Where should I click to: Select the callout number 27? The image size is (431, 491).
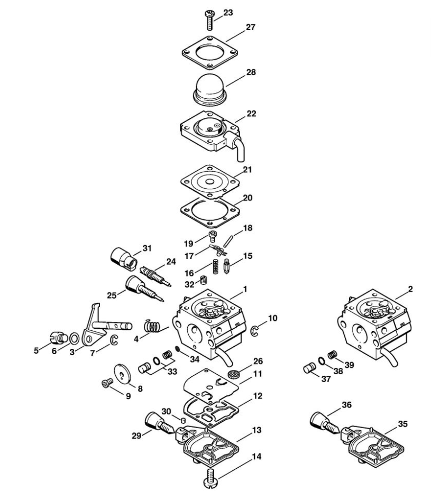pyautogui.click(x=250, y=27)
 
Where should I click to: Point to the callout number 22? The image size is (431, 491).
pyautogui.click(x=251, y=113)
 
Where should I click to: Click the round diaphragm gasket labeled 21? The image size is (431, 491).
pyautogui.click(x=210, y=182)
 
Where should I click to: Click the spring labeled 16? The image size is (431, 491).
pyautogui.click(x=216, y=266)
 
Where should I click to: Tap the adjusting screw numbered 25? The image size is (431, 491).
pyautogui.click(x=144, y=288)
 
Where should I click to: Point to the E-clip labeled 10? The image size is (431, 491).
pyautogui.click(x=255, y=332)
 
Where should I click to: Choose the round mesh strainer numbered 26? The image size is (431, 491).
pyautogui.click(x=232, y=374)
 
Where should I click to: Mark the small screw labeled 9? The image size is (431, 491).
pyautogui.click(x=107, y=382)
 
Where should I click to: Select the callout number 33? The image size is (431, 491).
pyautogui.click(x=172, y=372)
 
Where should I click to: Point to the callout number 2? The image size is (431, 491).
pyautogui.click(x=410, y=289)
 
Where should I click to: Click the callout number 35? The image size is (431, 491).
pyautogui.click(x=402, y=424)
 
